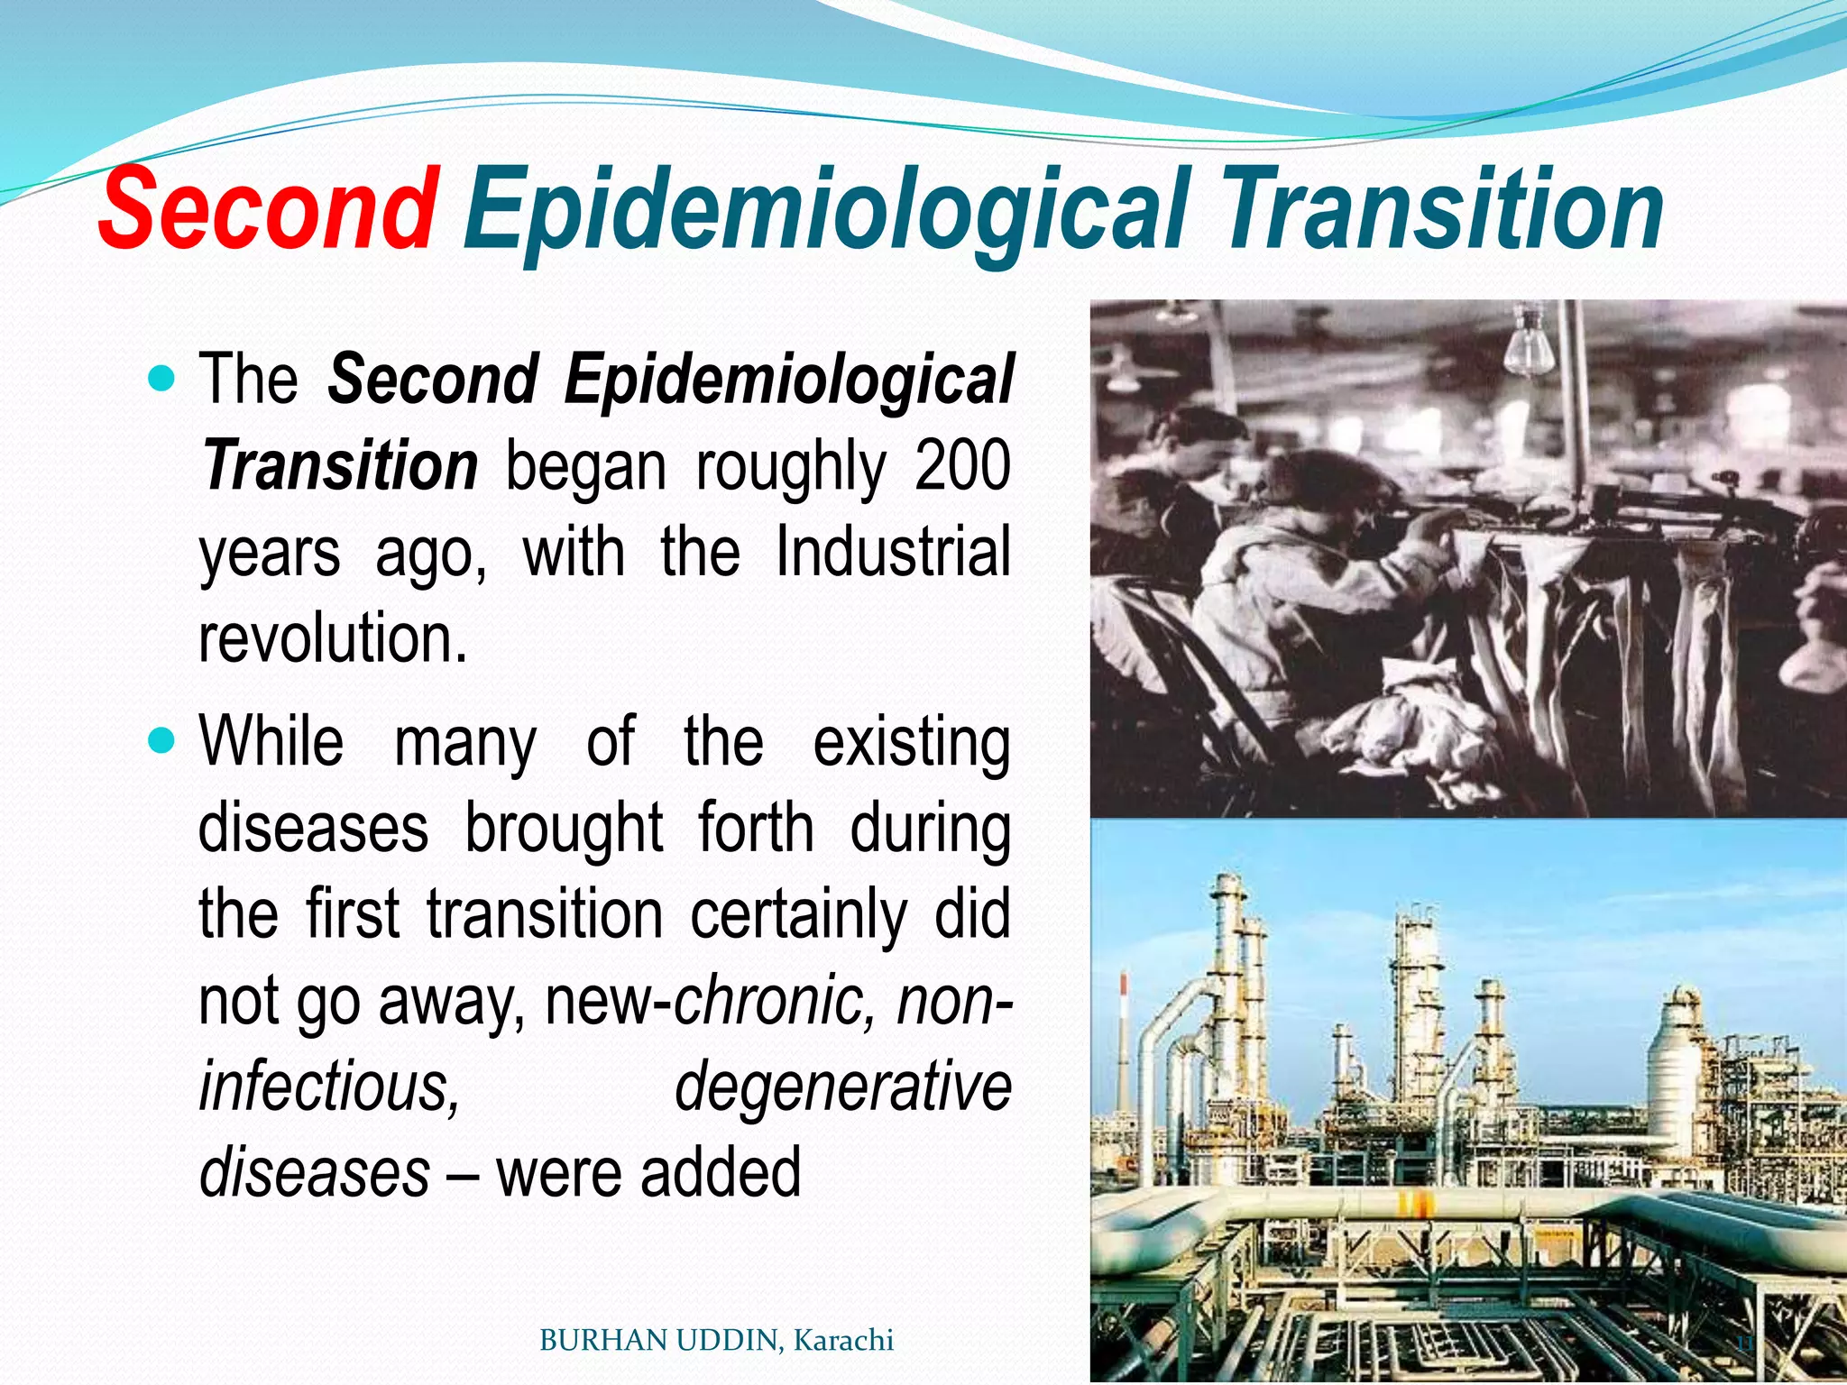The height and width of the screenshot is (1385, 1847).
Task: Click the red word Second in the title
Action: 267,209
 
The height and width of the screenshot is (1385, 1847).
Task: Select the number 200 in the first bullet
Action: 962,466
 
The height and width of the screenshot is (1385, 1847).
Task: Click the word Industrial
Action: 893,552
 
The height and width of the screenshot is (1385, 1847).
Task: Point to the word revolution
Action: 332,637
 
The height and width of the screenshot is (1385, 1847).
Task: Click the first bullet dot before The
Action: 161,377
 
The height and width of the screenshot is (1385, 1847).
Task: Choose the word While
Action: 271,741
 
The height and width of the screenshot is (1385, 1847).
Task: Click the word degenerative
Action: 842,1086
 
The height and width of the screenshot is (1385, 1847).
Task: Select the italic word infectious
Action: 329,1086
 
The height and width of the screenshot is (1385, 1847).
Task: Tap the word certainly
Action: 799,914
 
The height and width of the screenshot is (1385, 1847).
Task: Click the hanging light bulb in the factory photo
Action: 1530,347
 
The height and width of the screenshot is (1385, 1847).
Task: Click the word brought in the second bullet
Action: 564,828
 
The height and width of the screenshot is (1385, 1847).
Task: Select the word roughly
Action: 791,466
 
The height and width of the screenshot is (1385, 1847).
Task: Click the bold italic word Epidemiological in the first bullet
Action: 789,379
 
